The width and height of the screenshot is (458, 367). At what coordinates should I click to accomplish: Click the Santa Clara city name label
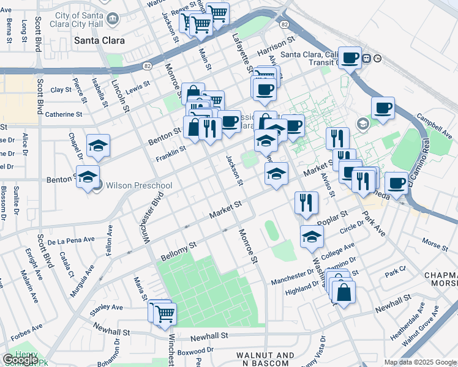click(99, 41)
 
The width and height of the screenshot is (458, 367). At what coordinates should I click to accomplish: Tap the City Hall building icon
click(113, 19)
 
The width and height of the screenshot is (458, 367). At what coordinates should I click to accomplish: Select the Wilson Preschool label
click(139, 185)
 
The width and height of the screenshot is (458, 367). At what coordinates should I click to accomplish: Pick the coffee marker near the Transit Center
click(350, 58)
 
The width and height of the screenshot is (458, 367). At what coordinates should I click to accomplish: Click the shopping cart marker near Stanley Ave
click(164, 314)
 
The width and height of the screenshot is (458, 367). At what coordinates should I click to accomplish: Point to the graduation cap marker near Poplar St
click(312, 236)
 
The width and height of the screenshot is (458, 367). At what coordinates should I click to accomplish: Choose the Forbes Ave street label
click(27, 327)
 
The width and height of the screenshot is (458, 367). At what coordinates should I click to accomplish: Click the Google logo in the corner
click(20, 360)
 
